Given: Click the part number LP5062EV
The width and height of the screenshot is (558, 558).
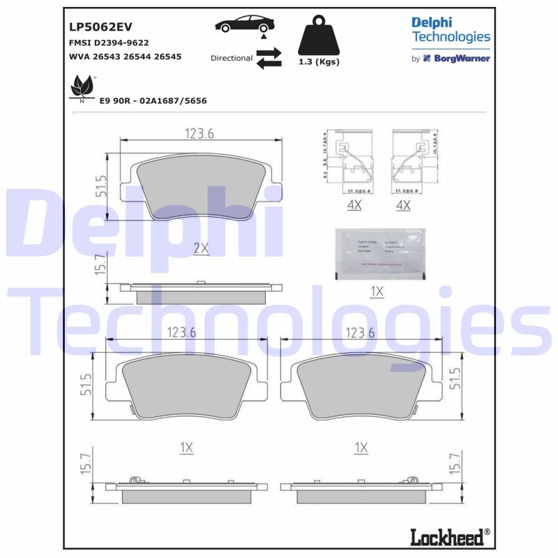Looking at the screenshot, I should [100, 28].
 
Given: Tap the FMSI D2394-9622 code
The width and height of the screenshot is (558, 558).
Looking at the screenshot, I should [108, 43].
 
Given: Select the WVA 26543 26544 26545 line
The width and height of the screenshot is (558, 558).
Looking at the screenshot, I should [125, 56].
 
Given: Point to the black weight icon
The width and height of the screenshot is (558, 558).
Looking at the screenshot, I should [318, 36].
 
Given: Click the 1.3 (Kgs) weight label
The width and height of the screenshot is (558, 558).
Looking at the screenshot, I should [318, 62].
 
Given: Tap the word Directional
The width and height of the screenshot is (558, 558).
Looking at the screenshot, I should [231, 58].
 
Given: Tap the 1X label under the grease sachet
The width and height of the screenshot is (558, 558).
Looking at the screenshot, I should [376, 292].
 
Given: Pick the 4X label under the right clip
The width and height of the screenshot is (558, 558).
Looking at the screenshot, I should [402, 205].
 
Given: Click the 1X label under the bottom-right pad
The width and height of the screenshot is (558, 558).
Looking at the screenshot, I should [361, 447].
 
